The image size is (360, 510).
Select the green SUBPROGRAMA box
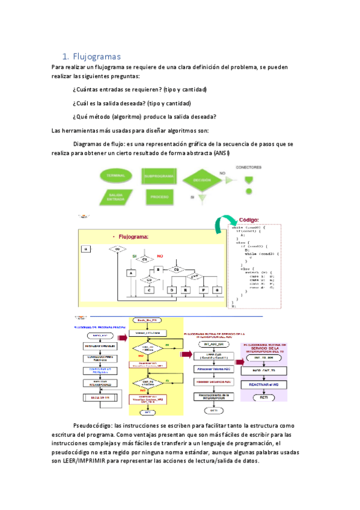coord(159,176)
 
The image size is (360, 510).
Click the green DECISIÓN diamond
coord(202,180)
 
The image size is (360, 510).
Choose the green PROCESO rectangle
coord(159,197)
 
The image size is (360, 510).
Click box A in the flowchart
coord(130,272)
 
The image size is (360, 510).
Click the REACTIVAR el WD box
coord(268,384)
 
